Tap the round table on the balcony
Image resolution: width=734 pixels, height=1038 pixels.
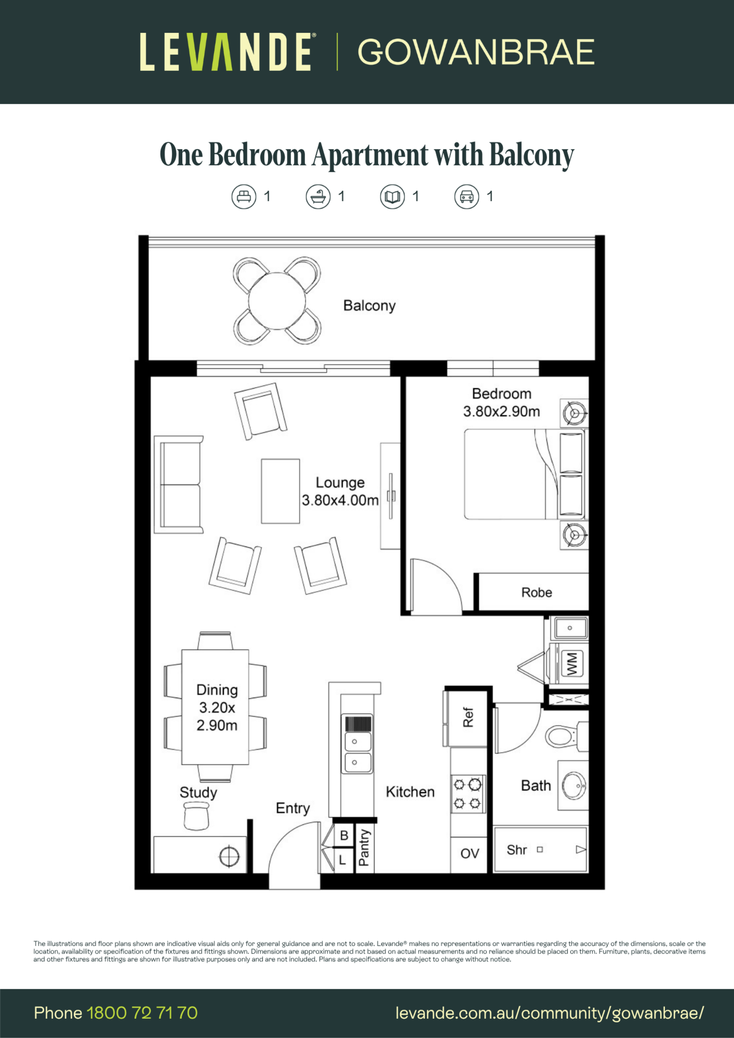tap(277, 301)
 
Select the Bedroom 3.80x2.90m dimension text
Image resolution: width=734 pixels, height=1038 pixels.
tap(502, 411)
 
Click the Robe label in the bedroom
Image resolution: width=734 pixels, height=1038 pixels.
tap(536, 592)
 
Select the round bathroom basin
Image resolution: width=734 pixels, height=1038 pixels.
tap(574, 785)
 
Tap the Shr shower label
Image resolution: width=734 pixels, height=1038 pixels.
tap(516, 850)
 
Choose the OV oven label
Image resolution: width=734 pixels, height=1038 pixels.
tap(469, 853)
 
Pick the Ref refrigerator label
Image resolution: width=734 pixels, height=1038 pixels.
tap(468, 717)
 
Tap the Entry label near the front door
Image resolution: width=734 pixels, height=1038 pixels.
tap(293, 809)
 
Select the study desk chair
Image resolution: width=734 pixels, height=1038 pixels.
tap(196, 816)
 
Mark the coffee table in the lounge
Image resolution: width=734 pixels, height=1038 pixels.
tap(280, 491)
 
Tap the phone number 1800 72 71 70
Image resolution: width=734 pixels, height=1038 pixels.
tap(142, 1013)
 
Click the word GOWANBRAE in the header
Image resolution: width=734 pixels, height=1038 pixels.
tap(476, 52)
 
